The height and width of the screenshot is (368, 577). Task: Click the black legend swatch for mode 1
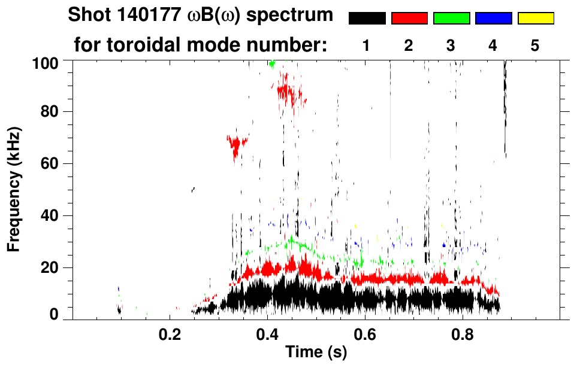(367, 19)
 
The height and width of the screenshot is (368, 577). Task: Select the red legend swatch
(409, 19)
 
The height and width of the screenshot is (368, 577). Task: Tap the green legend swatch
(451, 19)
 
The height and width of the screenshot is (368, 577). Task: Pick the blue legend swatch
(493, 19)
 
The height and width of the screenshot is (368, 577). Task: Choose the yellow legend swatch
(535, 19)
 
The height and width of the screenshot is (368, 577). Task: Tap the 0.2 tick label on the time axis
(170, 334)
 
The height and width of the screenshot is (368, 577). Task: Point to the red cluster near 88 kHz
(289, 92)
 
